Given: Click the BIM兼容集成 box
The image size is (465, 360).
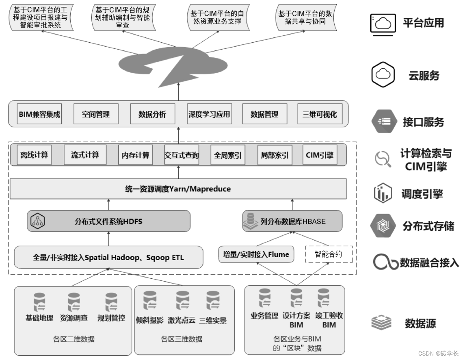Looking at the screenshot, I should point(39,114).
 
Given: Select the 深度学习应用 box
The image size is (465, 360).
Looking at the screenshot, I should point(209,114).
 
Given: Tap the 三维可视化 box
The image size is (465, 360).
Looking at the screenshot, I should point(320,114).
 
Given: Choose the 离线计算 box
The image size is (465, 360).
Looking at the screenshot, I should point(34,155).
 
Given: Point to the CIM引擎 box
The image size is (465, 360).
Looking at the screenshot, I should point(320,155).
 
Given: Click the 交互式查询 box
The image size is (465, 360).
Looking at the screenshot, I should point(182,155).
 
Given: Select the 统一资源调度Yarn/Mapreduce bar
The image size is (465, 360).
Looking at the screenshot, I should point(178,189).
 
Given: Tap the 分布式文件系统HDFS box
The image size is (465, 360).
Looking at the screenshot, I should point(108,221).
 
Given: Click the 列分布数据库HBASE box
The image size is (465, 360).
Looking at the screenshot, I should point(292,221).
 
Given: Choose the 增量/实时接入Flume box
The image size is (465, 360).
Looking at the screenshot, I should point(256,255).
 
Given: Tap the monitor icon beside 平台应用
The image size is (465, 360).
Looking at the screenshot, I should point(383,23).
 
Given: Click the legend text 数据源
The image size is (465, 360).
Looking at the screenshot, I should point(420,324).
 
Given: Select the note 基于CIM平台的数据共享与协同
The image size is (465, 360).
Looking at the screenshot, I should point(305,17).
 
